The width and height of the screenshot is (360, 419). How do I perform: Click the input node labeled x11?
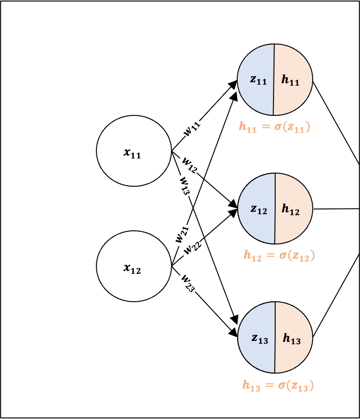[134, 151]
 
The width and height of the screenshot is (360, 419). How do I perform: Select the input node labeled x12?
[134, 266]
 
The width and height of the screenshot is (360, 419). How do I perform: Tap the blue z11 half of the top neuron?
[256, 79]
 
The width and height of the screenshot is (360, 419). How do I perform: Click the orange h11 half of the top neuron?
[293, 79]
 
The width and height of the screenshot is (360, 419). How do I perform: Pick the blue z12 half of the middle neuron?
[256, 209]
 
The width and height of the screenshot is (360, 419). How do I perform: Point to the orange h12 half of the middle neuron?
[294, 209]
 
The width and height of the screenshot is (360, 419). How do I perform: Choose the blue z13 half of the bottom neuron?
[256, 338]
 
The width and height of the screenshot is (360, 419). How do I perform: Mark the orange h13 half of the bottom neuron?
[294, 338]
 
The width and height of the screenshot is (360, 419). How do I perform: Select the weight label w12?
[189, 165]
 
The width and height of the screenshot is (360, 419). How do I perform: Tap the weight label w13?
[184, 185]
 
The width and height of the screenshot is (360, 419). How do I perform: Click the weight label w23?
[188, 283]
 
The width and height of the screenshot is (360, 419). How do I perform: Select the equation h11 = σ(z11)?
[274, 127]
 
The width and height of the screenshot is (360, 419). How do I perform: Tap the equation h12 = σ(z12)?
[279, 256]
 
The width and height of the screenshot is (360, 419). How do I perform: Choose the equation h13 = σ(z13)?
[278, 385]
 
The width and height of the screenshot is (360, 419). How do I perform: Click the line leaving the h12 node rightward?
[336, 209]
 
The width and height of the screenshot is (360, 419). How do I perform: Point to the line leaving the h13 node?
[336, 295]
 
